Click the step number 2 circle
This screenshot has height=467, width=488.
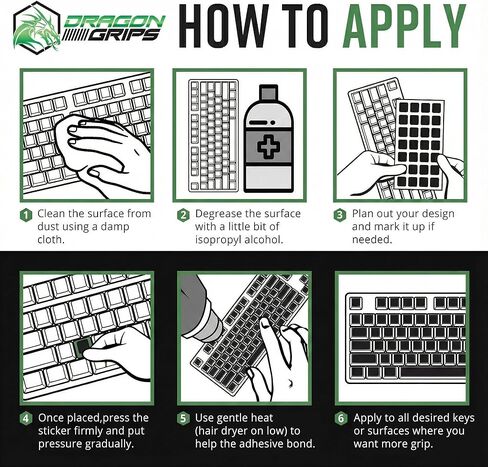183,214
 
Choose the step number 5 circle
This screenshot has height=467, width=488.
183,417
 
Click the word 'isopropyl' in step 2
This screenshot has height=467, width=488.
226,241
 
